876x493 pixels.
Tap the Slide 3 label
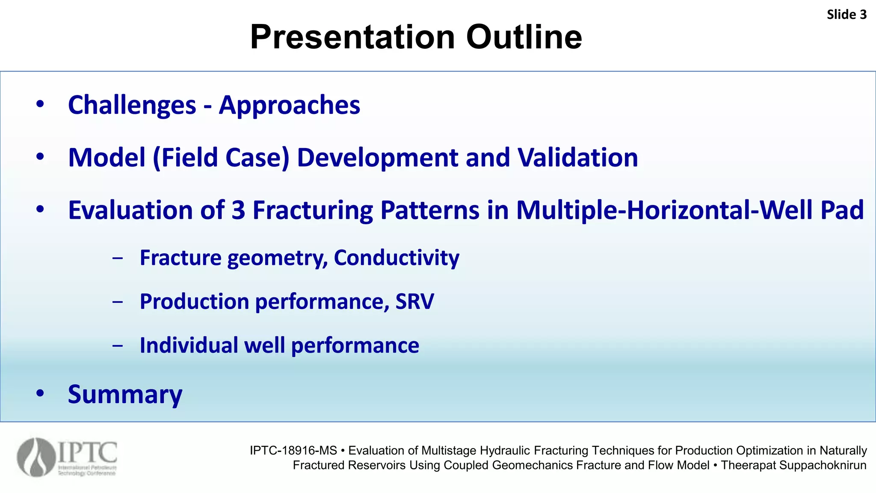click(x=846, y=15)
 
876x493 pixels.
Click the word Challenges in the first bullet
click(x=132, y=105)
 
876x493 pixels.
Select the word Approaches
click(x=290, y=105)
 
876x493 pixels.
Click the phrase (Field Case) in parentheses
click(x=221, y=157)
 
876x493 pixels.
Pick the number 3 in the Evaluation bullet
click(x=238, y=210)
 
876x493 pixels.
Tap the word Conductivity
click(x=397, y=258)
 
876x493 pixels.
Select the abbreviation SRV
click(x=414, y=301)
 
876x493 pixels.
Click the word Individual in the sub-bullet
click(x=189, y=345)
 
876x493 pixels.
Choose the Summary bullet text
click(x=125, y=394)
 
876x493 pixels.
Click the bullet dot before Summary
click(x=40, y=393)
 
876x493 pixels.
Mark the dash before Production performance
click(x=118, y=302)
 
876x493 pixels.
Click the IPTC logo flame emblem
click(x=36, y=457)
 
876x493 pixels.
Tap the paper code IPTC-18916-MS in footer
click(x=293, y=451)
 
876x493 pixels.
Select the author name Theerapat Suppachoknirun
click(x=793, y=465)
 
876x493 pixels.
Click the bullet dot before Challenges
click(x=40, y=104)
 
